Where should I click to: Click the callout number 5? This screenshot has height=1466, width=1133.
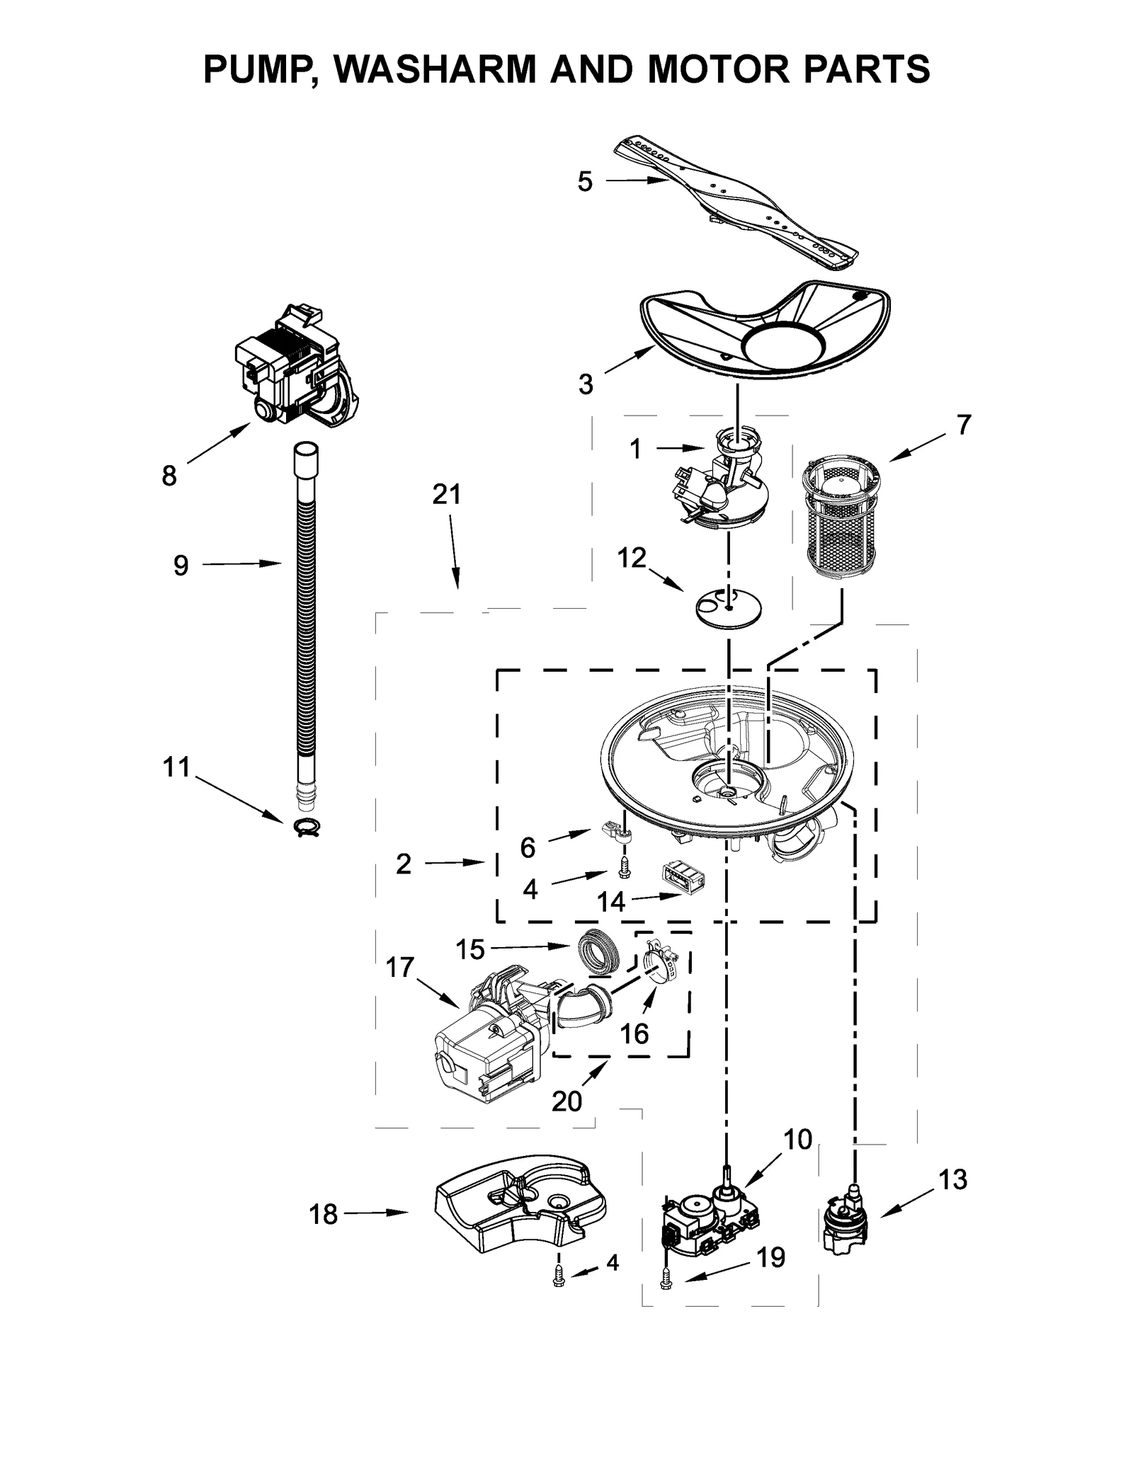click(x=584, y=182)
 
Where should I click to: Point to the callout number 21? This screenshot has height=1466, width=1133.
click(x=447, y=494)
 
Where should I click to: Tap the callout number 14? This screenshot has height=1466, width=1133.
click(x=610, y=902)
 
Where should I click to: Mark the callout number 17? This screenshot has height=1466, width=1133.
click(x=399, y=967)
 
